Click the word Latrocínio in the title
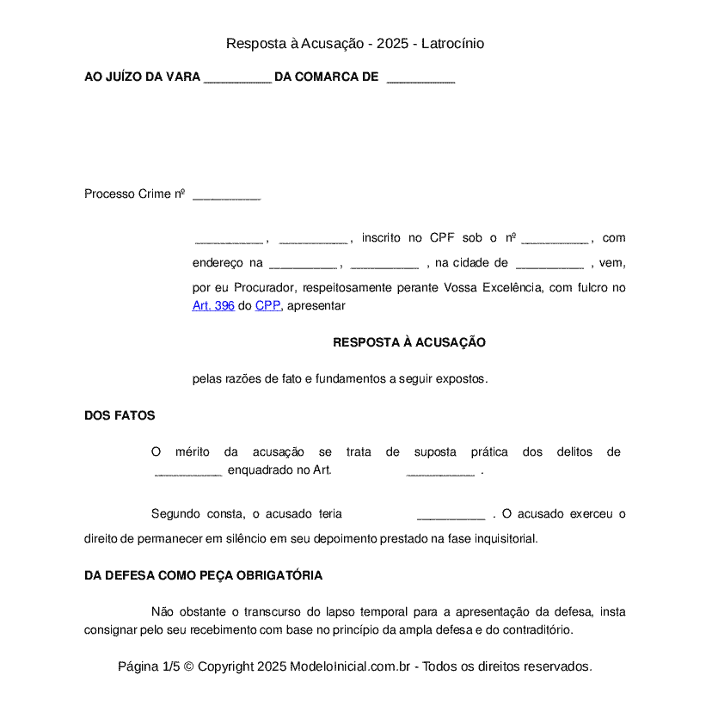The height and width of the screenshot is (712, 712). point(452,43)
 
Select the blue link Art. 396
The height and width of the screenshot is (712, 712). point(213,305)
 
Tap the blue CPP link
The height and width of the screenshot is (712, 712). point(267,305)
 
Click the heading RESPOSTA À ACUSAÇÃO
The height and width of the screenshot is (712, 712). point(409,342)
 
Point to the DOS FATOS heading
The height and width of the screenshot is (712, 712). point(120,415)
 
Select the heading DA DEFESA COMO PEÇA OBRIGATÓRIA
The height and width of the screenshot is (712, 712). point(204,575)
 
